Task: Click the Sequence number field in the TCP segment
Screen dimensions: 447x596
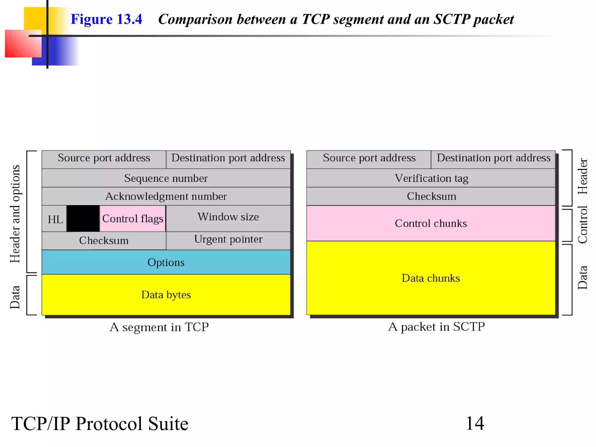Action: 166,178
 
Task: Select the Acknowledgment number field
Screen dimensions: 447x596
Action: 166,196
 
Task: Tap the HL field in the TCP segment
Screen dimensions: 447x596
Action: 55,219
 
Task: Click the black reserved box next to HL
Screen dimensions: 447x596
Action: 83,219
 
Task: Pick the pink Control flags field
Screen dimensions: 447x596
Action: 133,219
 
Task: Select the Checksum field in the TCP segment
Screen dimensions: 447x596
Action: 104,241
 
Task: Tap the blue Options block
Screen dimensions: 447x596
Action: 166,262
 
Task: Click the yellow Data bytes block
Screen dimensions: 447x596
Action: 166,295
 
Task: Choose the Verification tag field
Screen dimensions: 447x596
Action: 431,178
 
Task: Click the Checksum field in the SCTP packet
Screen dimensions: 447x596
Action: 431,196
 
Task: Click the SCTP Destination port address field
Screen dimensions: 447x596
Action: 494,158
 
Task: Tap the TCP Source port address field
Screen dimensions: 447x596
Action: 104,158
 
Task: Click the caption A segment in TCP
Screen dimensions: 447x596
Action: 159,327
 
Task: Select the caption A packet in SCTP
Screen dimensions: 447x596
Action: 437,327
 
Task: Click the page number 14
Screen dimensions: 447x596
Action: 475,423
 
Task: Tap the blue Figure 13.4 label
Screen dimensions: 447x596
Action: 106,19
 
